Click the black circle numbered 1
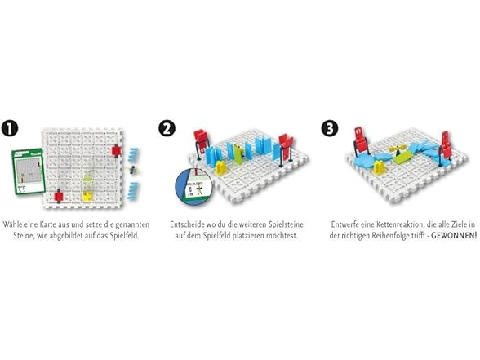point(10,128)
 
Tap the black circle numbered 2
point(167,128)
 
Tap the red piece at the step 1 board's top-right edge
point(117,151)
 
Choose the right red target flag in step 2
point(285,147)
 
